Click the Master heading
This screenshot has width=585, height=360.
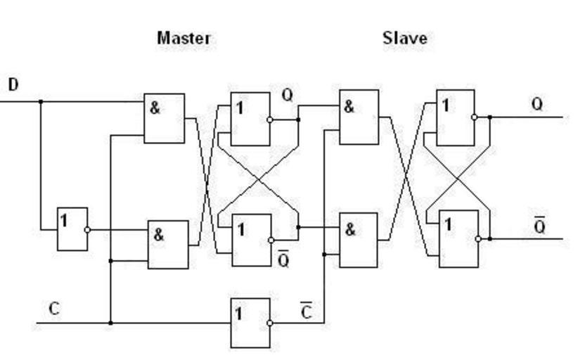click(x=184, y=38)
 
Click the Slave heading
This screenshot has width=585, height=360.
click(x=404, y=38)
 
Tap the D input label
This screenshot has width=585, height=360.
click(x=13, y=85)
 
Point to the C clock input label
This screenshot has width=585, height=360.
click(x=54, y=309)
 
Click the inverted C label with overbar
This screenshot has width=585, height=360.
click(x=307, y=311)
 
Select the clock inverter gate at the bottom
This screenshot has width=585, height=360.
click(x=250, y=323)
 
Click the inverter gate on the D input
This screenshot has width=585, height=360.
click(x=72, y=229)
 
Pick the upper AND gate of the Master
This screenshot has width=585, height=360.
click(x=164, y=118)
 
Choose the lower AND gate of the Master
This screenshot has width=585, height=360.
click(x=167, y=244)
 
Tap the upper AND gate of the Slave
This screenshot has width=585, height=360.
click(x=359, y=117)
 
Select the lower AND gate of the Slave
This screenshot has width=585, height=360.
click(x=359, y=240)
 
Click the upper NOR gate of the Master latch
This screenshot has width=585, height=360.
click(x=250, y=119)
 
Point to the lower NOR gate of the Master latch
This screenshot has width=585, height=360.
click(x=251, y=240)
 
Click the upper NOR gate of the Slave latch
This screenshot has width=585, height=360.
click(x=456, y=117)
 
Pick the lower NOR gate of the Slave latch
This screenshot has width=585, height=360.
click(x=458, y=239)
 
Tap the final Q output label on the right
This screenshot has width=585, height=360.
click(x=536, y=105)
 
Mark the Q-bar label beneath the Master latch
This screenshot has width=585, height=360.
click(x=283, y=259)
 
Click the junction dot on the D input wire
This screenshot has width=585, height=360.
click(x=40, y=101)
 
